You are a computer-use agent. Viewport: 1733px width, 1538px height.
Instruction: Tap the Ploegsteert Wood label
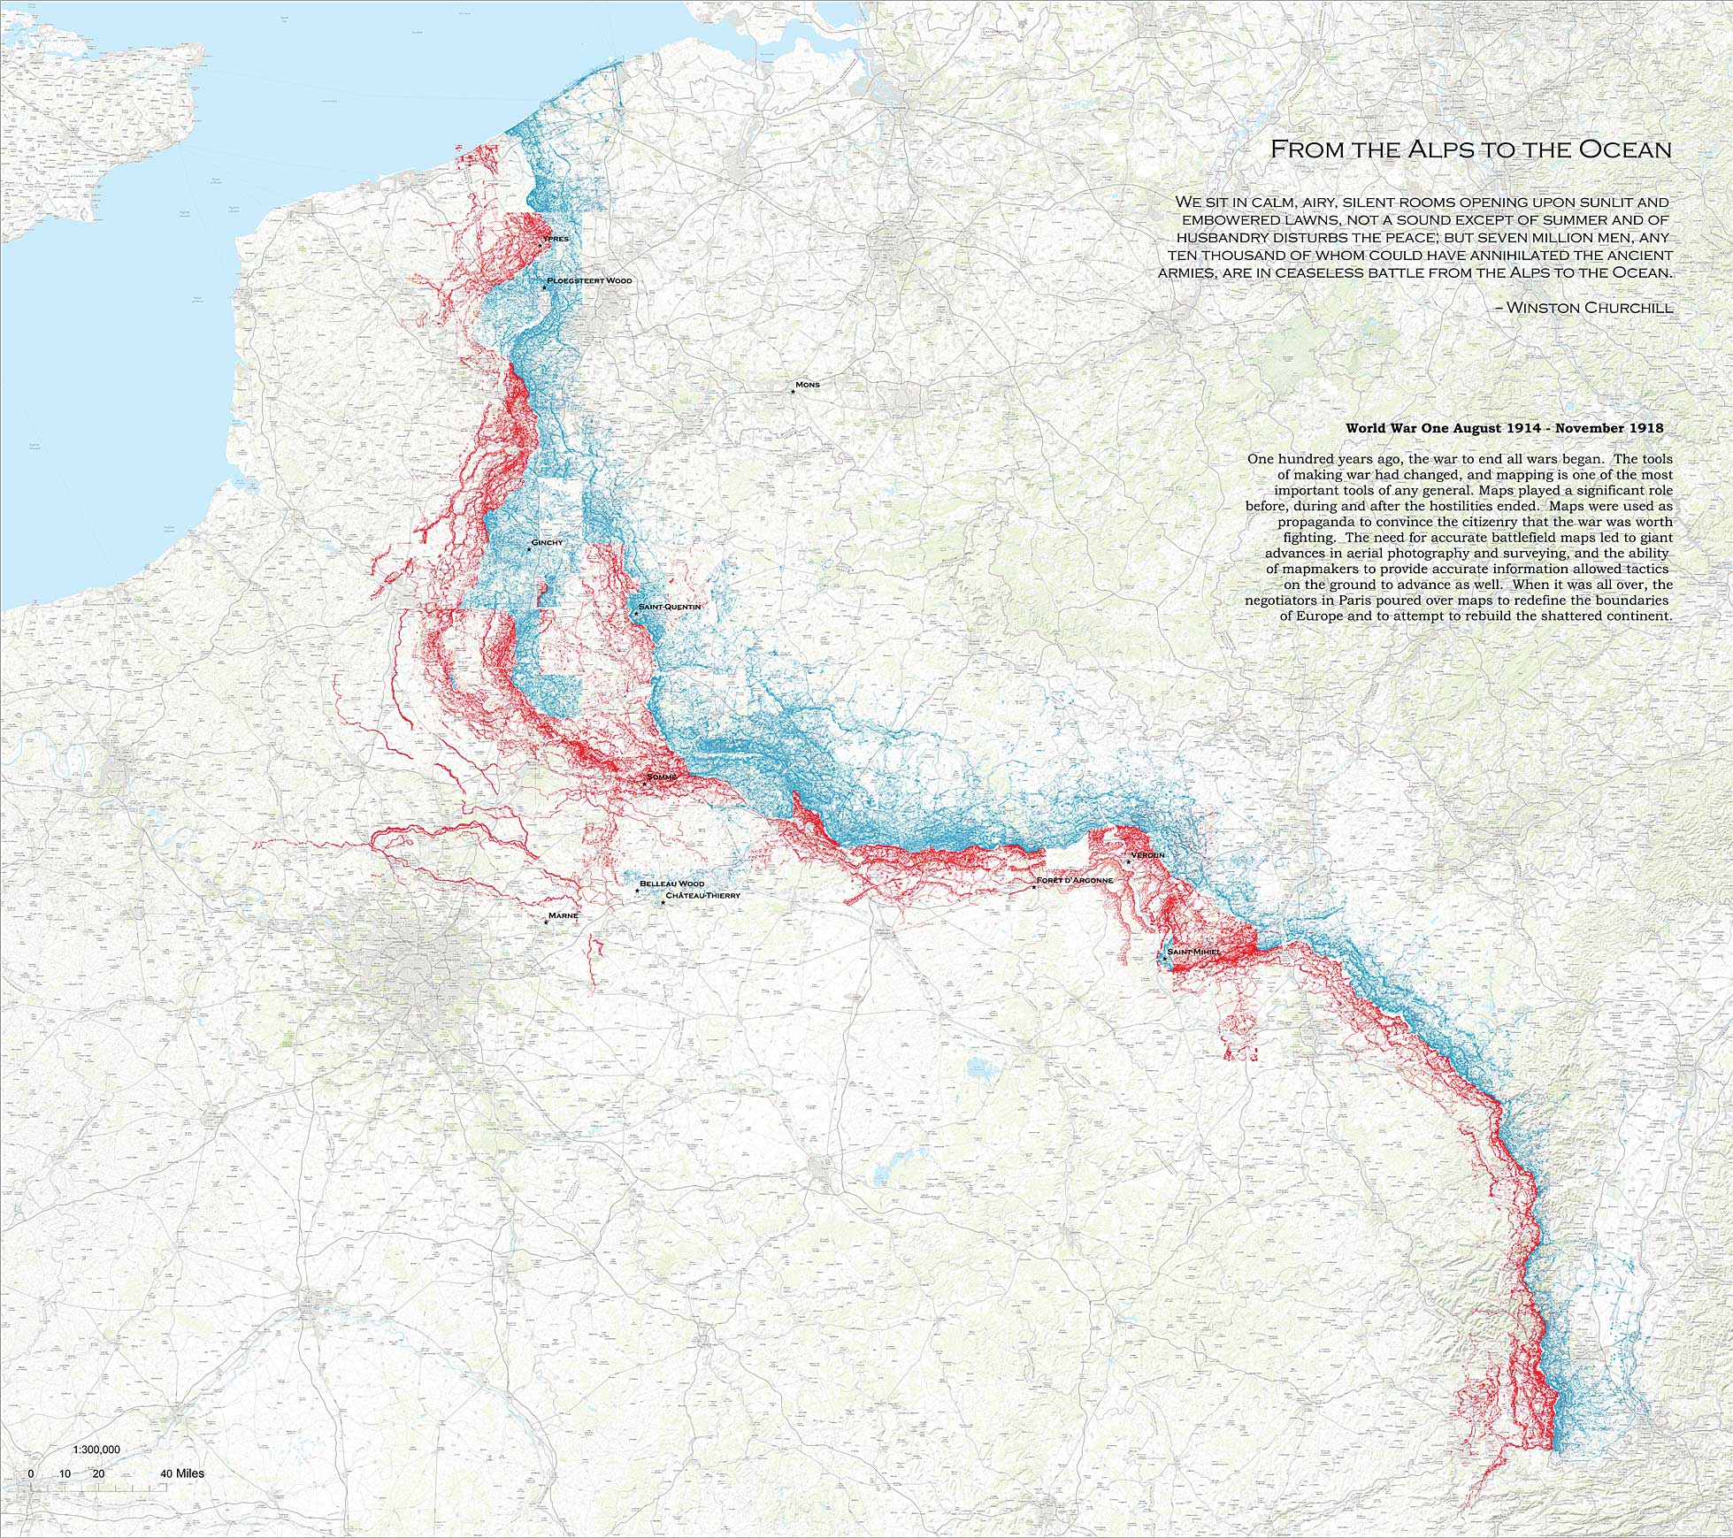589,280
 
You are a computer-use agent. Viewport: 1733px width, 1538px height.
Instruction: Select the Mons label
808,385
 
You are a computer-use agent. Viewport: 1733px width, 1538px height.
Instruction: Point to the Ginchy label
547,542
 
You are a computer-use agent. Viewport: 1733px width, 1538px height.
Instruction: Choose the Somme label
661,777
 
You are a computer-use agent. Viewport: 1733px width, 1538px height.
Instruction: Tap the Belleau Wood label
672,884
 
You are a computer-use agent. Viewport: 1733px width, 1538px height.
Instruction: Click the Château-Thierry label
702,896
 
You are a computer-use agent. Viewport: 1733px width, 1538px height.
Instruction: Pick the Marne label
564,915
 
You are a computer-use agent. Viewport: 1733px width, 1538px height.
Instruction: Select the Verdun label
1147,856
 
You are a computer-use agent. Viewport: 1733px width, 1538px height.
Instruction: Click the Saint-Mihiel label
1194,952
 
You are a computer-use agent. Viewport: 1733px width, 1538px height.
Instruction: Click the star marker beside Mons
793,392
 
